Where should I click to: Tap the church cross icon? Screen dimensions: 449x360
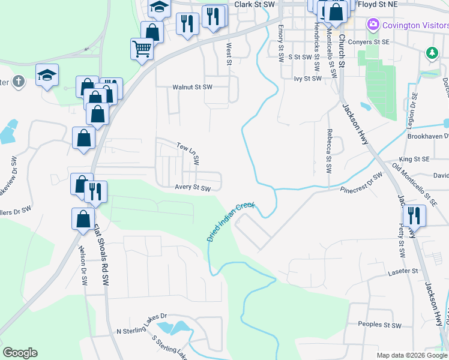[18, 81]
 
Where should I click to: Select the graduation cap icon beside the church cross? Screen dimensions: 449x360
[47, 74]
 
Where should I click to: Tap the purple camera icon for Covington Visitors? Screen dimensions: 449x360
[373, 25]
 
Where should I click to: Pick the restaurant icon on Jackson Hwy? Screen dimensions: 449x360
[414, 214]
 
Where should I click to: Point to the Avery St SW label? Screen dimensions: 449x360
[193, 188]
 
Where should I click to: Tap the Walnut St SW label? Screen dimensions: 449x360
[193, 87]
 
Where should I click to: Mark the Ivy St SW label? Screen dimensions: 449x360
[308, 79]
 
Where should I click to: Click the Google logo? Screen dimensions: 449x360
[20, 353]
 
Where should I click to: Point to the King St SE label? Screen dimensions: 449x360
[414, 159]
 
